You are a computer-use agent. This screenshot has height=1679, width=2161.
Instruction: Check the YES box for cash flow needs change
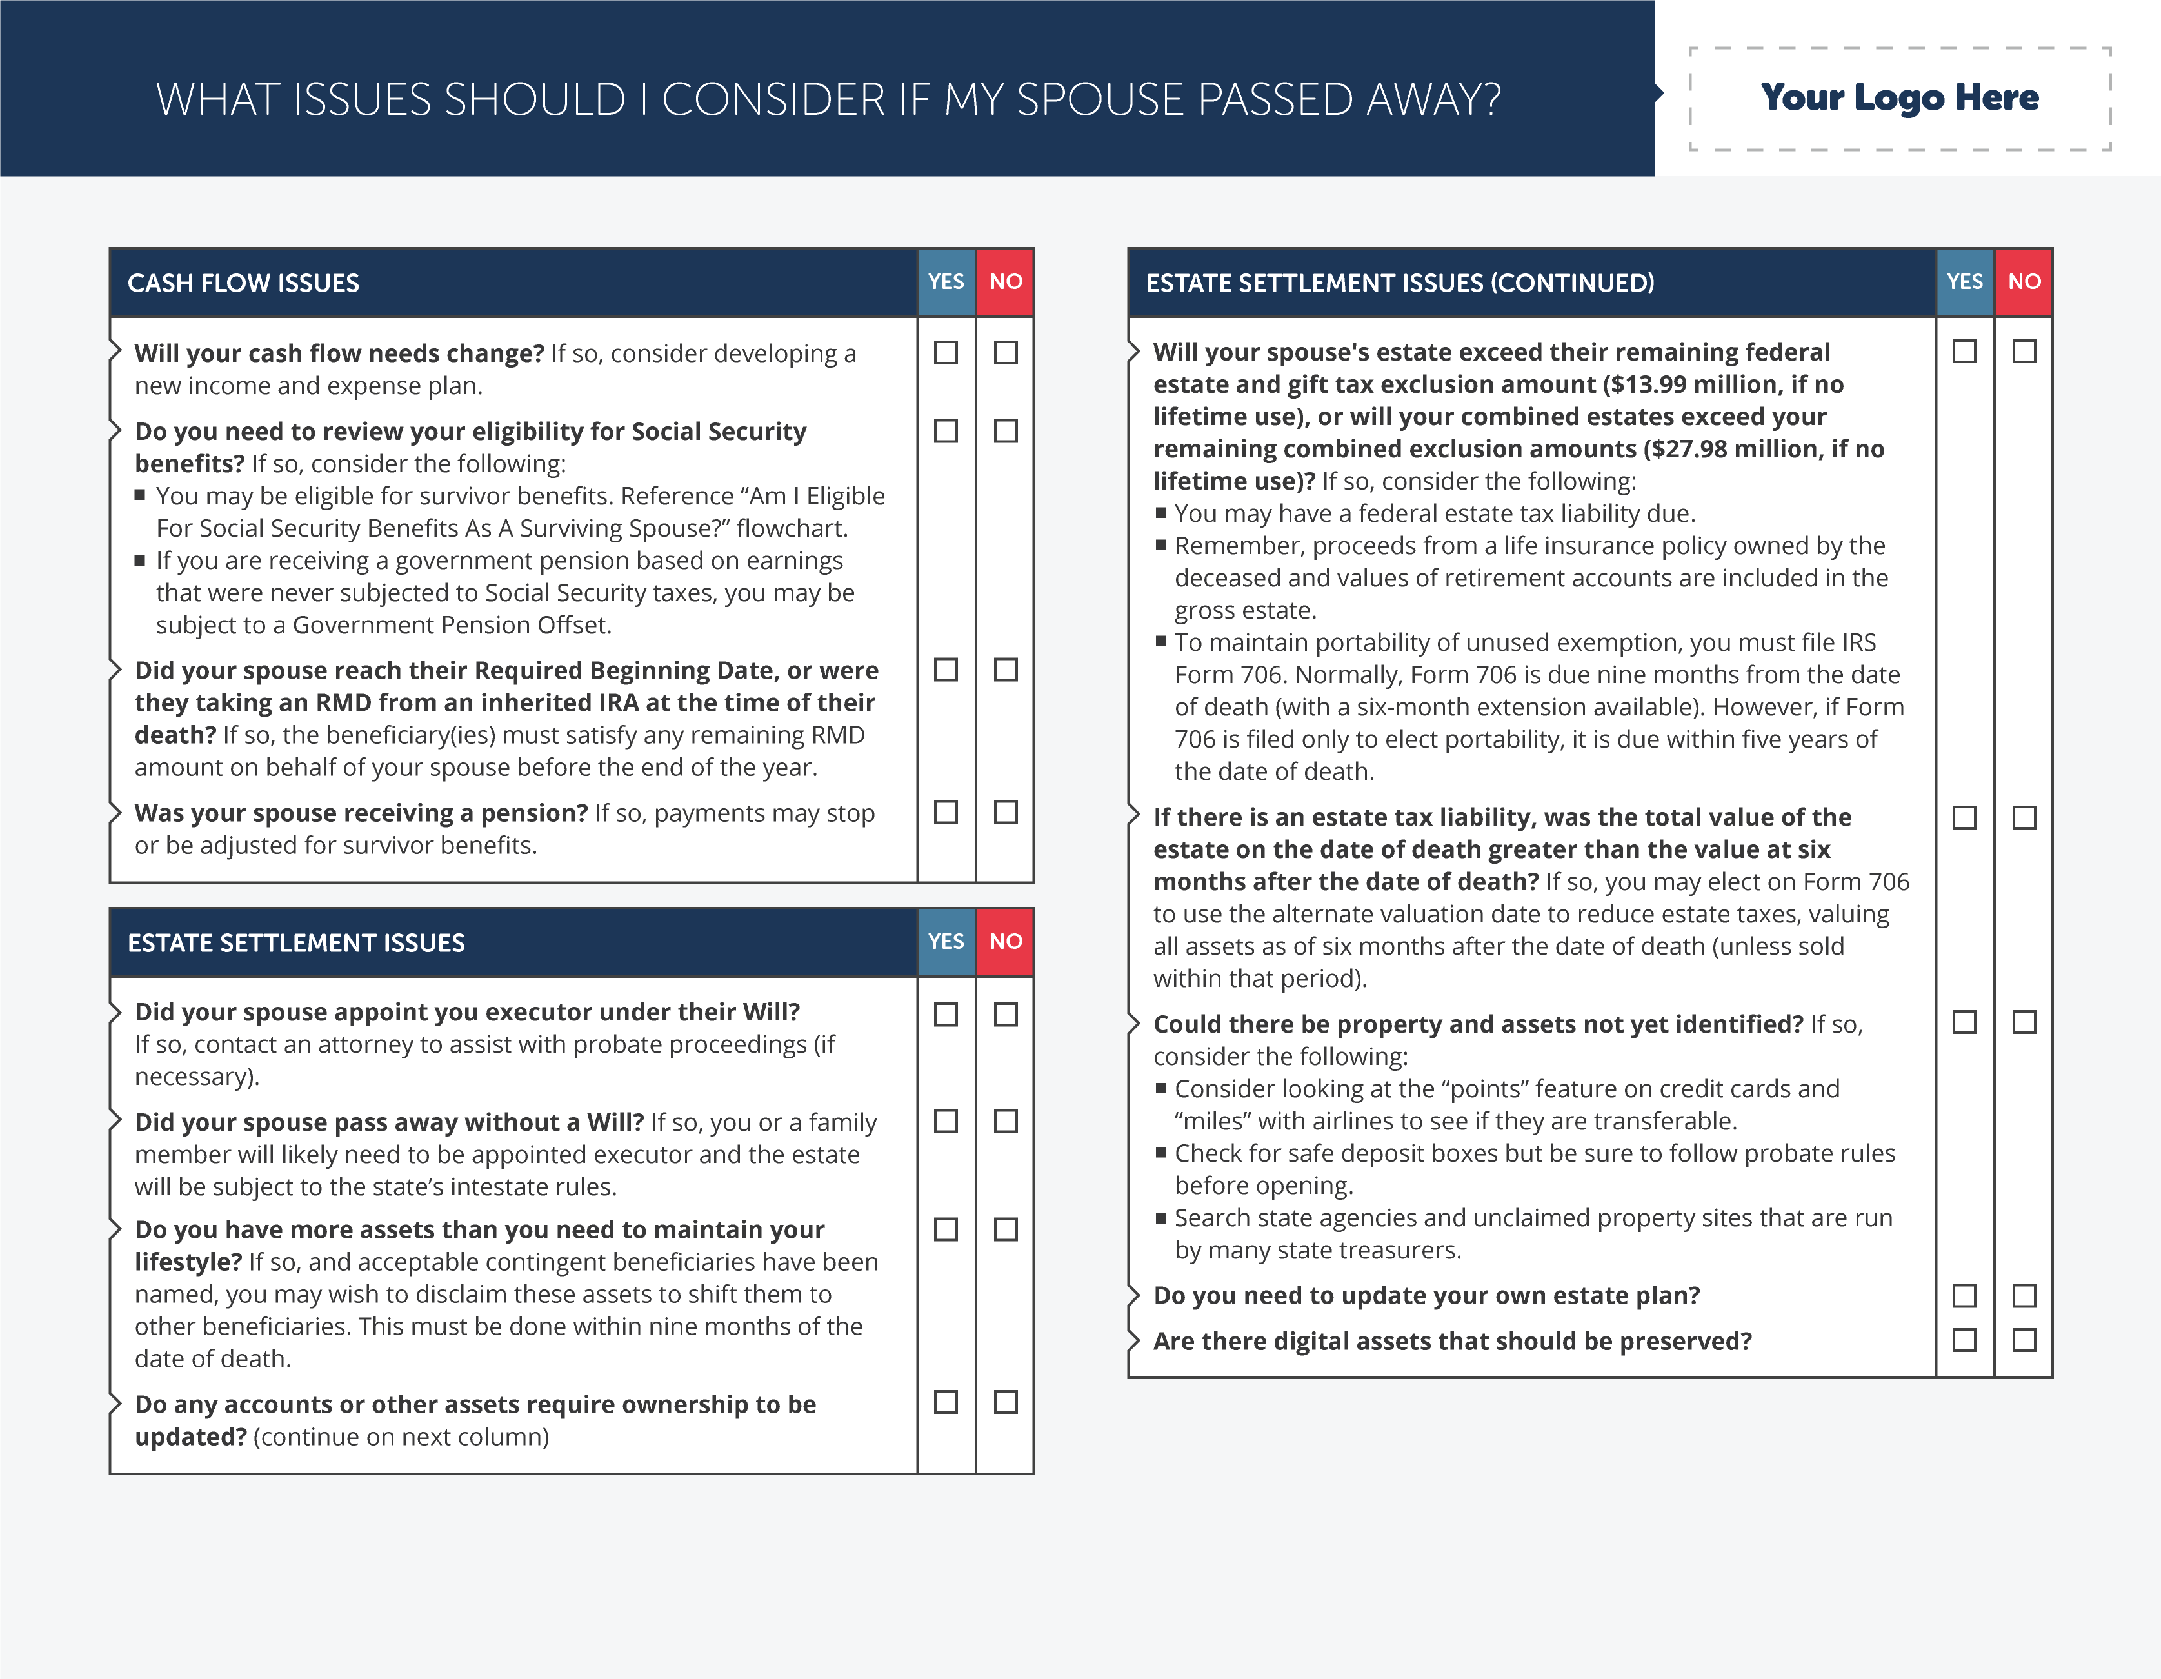coord(946,352)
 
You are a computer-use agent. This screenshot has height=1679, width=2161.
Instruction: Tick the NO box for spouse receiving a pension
coord(1005,812)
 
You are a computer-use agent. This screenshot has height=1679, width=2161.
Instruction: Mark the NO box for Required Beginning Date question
coord(1005,670)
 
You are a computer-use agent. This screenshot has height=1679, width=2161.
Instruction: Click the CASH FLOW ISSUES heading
coord(243,283)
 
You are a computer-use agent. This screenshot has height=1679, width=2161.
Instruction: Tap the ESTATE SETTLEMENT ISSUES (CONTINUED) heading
coord(1399,283)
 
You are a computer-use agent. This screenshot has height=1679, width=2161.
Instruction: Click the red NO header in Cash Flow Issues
coord(1005,282)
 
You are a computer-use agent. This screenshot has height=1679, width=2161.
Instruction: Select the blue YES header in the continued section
coord(1964,282)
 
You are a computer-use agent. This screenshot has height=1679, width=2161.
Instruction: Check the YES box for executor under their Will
coord(946,1014)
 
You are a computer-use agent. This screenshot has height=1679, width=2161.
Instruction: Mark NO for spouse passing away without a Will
coord(1005,1121)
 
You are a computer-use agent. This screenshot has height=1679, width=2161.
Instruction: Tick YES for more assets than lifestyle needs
coord(946,1229)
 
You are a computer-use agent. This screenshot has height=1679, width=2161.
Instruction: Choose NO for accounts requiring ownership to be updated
coord(1005,1402)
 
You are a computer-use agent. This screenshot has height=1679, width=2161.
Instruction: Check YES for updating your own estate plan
coord(1964,1295)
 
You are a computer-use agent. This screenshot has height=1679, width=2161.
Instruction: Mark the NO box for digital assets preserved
coord(2024,1340)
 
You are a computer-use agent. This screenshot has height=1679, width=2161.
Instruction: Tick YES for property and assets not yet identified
coord(1964,1022)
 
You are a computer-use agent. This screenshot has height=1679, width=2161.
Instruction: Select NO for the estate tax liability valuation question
coord(2024,817)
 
